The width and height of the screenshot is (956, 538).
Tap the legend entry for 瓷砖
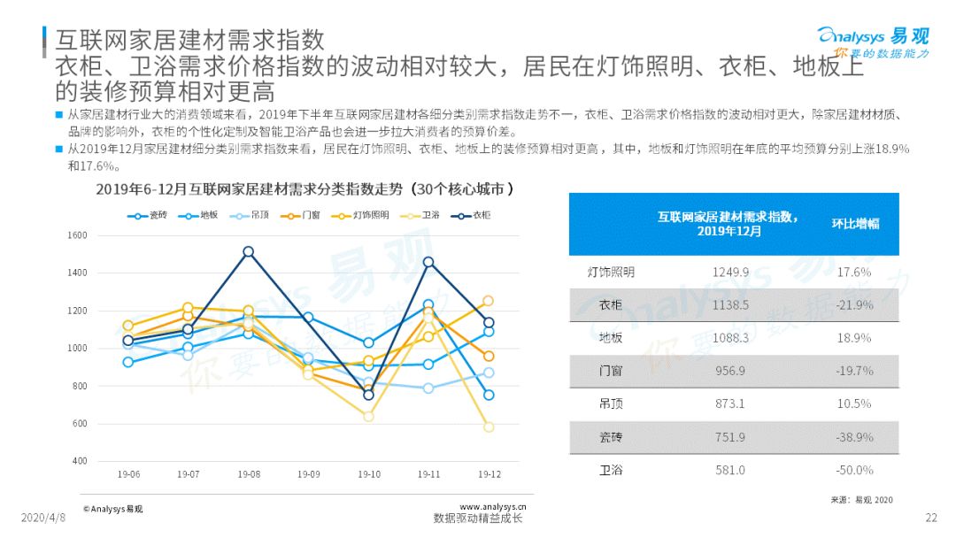[x=147, y=215]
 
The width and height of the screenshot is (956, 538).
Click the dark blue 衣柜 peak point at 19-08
[x=249, y=252]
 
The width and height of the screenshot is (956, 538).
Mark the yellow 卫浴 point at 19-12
[x=489, y=427]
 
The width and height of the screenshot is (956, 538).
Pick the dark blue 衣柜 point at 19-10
[x=369, y=395]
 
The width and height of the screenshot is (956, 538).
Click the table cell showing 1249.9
[x=730, y=273]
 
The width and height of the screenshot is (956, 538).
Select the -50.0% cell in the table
[x=856, y=471]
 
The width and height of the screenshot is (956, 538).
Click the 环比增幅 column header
[x=855, y=224]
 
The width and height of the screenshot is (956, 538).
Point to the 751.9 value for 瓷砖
[x=730, y=437]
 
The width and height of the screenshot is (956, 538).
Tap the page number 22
[x=930, y=518]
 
